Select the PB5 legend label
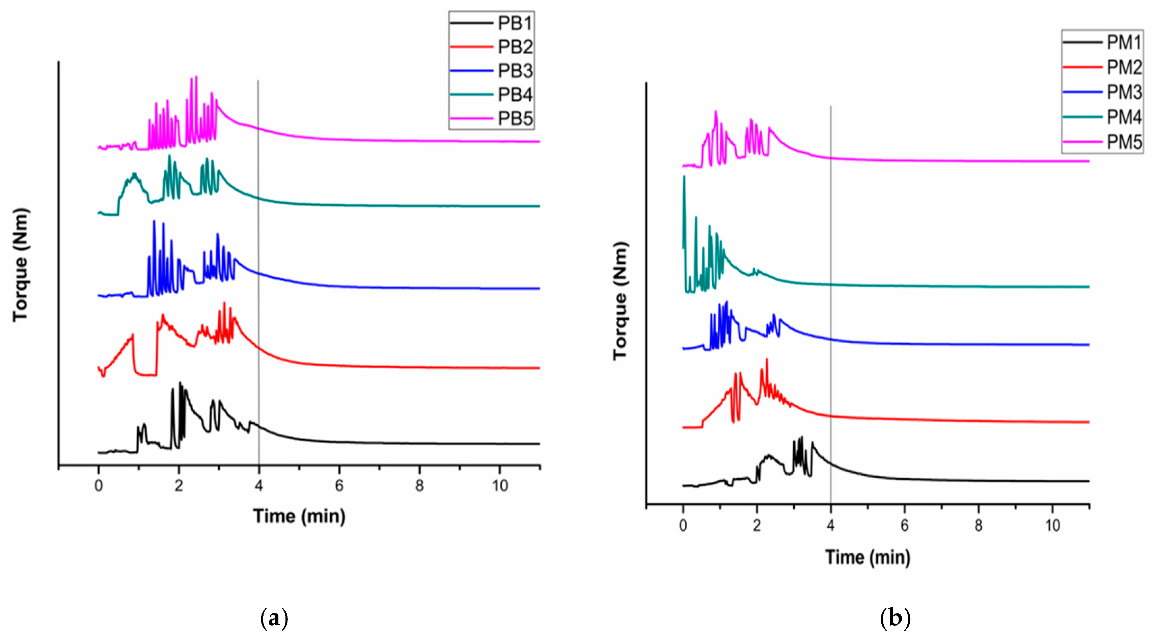[x=515, y=119]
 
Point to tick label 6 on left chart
[x=339, y=485]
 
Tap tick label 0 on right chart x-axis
[x=683, y=525]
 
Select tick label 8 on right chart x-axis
[x=979, y=525]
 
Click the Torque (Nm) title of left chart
[x=21, y=265]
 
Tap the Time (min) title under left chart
[x=299, y=516]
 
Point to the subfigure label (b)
[x=895, y=618]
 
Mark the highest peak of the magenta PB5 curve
[x=196, y=77]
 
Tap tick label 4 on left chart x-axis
[x=259, y=485]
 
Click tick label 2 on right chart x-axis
[x=757, y=525]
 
